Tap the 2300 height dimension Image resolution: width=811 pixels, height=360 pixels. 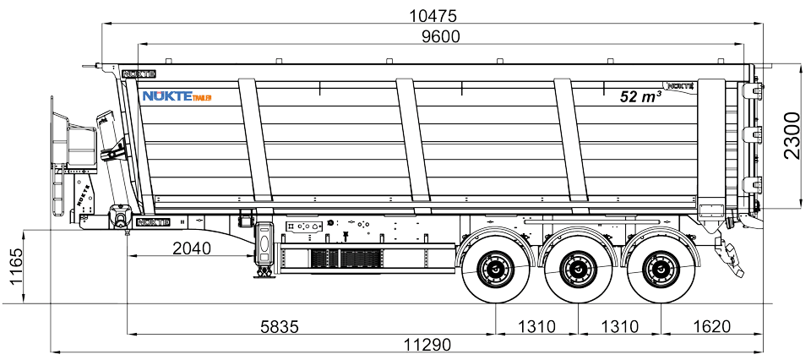click(x=792, y=135)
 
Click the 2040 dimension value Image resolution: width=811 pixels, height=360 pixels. click(x=193, y=248)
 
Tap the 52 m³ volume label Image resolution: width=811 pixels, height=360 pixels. click(x=640, y=96)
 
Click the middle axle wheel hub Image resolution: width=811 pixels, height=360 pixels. click(x=576, y=270)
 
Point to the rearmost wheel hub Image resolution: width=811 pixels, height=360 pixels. click(x=659, y=270)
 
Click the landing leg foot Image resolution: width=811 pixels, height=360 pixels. click(x=264, y=272)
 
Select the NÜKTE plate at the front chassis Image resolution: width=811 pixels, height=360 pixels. click(x=153, y=222)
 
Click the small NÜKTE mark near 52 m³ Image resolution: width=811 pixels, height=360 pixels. click(x=680, y=85)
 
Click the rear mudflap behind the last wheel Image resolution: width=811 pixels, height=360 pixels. click(x=727, y=254)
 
